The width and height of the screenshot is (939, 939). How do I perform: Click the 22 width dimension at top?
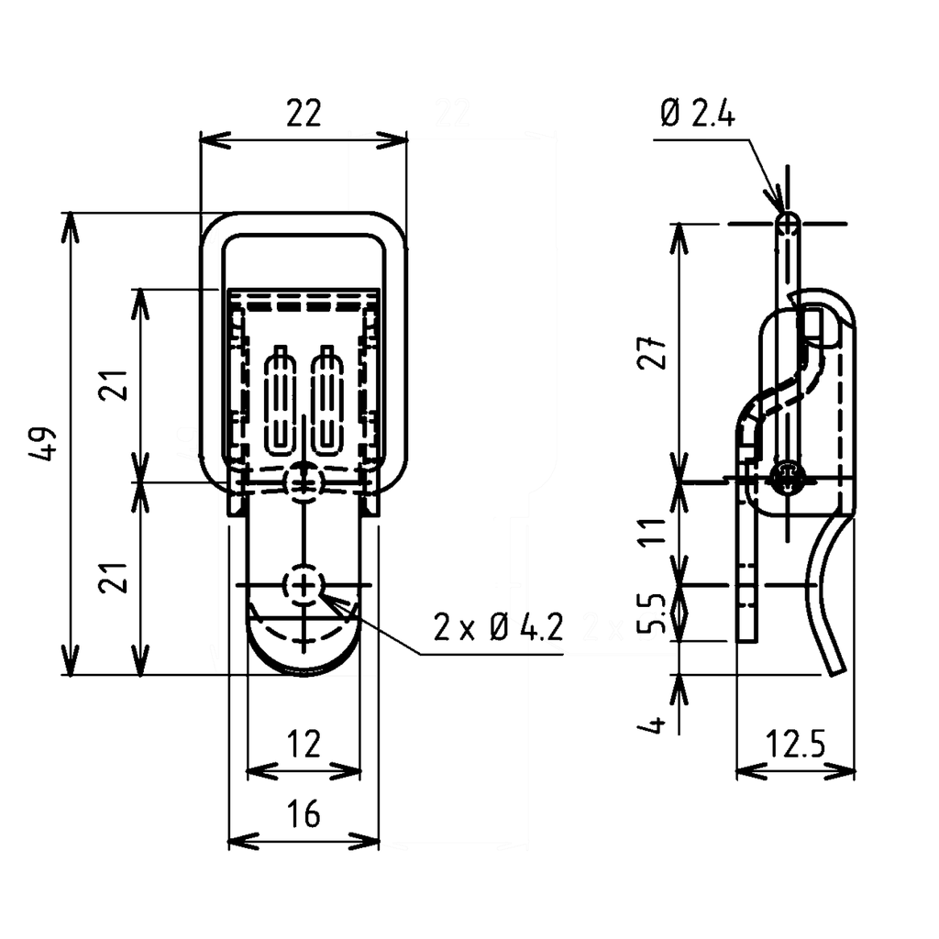click(x=304, y=115)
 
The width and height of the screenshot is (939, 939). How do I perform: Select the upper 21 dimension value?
click(x=115, y=385)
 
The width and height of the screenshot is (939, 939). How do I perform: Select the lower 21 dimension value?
click(x=115, y=580)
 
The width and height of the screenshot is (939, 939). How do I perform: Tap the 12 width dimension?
click(x=303, y=745)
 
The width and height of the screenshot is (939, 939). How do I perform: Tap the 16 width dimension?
click(x=303, y=813)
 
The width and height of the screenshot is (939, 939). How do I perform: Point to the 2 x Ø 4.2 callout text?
click(x=499, y=628)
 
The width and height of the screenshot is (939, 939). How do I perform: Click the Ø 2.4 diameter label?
click(x=697, y=115)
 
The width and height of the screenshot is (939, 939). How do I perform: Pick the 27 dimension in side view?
click(x=653, y=350)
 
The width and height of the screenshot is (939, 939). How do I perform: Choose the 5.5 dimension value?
click(x=653, y=613)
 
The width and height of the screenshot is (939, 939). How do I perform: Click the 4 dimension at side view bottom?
click(x=653, y=726)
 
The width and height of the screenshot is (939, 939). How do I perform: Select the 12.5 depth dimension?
click(x=794, y=745)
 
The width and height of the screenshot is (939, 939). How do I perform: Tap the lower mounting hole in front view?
click(x=304, y=584)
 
